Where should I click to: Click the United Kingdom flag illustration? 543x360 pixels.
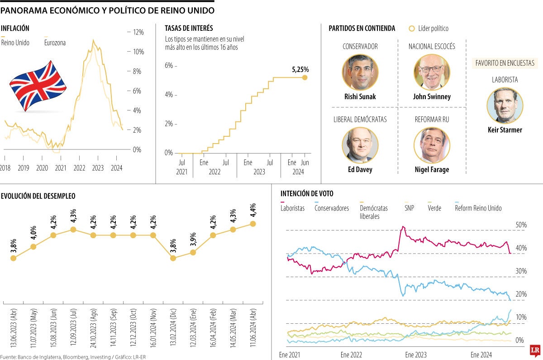[38, 86]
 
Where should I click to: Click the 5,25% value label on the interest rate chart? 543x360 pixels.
[300, 69]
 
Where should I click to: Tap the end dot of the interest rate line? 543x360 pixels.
[305, 77]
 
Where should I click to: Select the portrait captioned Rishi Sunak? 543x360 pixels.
[360, 72]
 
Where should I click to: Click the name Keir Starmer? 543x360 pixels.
[505, 130]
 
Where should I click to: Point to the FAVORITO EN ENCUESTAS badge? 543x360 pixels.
[505, 63]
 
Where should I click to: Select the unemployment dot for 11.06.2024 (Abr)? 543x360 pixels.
[252, 224]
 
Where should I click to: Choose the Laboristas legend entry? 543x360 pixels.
[292, 208]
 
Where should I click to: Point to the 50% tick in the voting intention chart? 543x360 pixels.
[521, 225]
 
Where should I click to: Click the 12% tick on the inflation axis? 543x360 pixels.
[138, 32]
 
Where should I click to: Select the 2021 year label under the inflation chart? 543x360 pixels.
[60, 168]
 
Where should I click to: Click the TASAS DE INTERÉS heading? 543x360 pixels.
[189, 28]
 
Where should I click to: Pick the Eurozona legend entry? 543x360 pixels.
[55, 43]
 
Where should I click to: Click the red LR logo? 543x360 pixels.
[535, 350]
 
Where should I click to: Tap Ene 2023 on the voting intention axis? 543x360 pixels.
[415, 355]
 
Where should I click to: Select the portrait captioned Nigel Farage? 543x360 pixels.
[432, 145]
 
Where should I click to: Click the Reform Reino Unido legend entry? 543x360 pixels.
[478, 208]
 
